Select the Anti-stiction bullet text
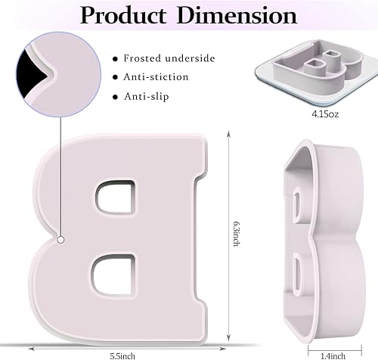tap(157, 76)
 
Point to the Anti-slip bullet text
tap(147, 96)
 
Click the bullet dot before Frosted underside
tap(115, 58)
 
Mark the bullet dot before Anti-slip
tap(115, 97)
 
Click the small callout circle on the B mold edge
tap(58, 240)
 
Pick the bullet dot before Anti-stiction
tap(115, 77)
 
